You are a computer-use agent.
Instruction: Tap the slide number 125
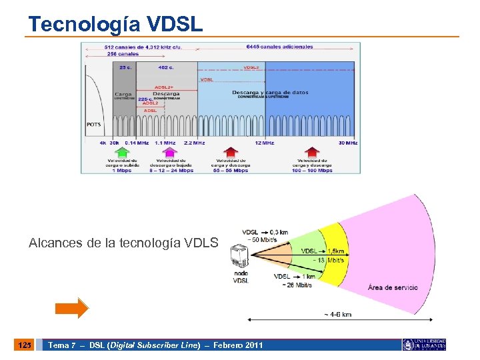pos(23,345)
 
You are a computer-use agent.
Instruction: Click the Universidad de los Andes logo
pos(424,345)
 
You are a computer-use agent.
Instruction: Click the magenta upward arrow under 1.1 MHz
pos(171,152)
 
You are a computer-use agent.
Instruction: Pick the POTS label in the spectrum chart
pos(94,125)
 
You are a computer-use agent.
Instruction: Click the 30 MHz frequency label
pos(347,143)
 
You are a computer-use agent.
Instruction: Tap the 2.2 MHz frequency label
pos(194,143)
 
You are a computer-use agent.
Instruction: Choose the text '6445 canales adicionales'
pos(279,47)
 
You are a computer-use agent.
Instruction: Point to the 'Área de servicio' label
pos(393,287)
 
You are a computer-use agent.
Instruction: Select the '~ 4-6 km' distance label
pos(337,314)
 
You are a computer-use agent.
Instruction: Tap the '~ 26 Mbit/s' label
pos(297,285)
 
